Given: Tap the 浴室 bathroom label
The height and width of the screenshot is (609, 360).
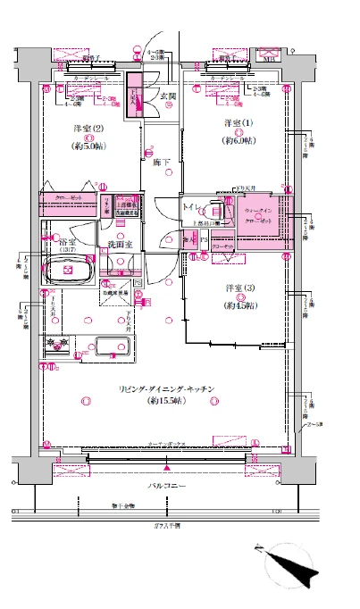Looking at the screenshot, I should click(65, 243).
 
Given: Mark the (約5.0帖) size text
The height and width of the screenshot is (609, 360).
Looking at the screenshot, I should click(88, 147).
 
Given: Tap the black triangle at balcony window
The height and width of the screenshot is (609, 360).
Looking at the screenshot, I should click(167, 466).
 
